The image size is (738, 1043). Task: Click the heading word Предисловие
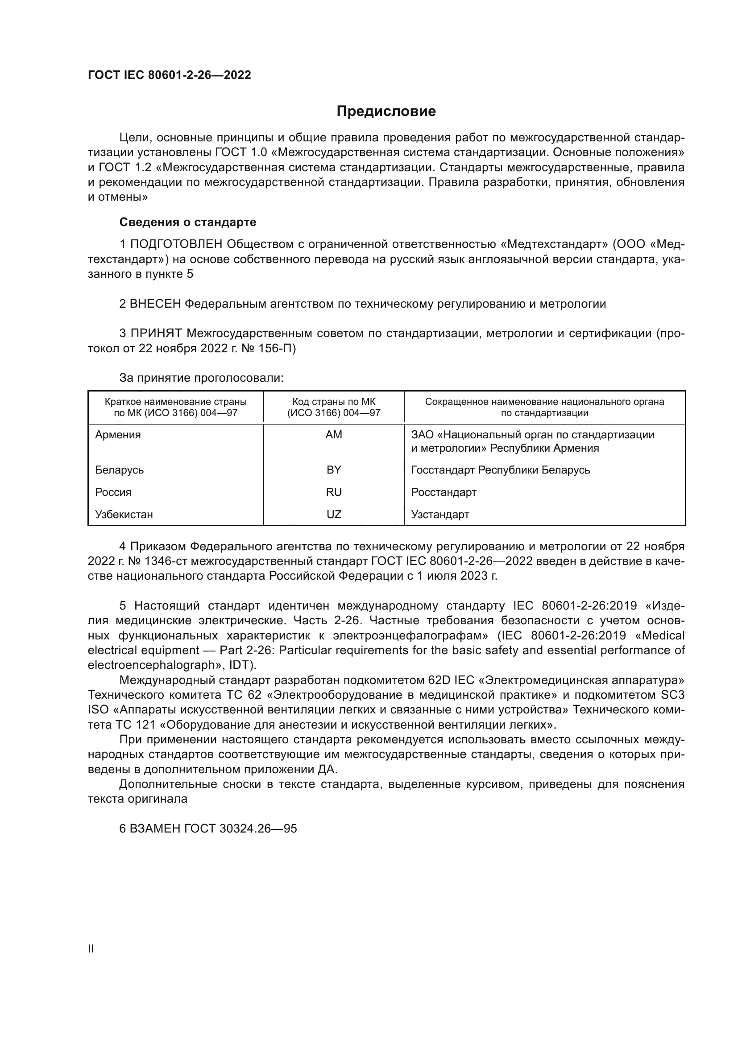point(386,111)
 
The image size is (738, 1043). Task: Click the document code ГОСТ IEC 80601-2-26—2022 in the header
point(169,75)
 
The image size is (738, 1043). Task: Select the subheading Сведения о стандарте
point(188,222)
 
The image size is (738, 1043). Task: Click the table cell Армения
point(118,435)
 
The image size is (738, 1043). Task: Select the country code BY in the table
point(334,470)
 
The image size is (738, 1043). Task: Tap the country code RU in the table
point(334,492)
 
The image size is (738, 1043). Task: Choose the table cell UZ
point(334,514)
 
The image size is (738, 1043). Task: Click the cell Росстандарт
point(444,492)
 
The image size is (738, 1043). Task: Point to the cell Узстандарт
point(440,514)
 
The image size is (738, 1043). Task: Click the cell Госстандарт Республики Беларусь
point(500,470)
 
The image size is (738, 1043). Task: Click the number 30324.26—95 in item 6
point(257,829)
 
